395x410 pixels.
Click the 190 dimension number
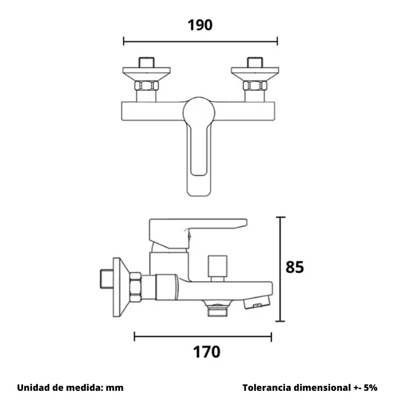pos(200,25)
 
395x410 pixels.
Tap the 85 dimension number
pos(295,267)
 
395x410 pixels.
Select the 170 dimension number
pos(207,352)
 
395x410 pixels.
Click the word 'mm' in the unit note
pos(115,388)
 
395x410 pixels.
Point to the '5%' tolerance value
pos(370,387)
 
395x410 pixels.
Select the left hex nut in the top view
pos(147,86)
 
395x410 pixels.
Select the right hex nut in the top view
pos(255,86)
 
